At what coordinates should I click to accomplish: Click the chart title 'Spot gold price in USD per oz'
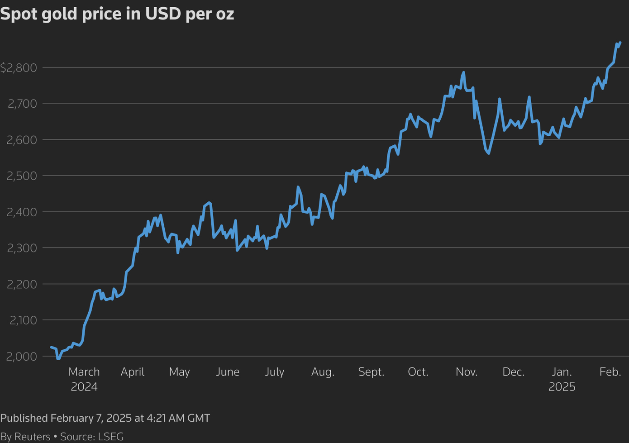tap(117, 14)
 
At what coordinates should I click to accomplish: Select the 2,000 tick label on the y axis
tap(21, 357)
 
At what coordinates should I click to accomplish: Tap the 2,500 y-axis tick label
tap(21, 176)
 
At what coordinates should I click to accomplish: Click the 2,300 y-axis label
tap(21, 248)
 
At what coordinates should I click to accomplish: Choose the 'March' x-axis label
tap(84, 372)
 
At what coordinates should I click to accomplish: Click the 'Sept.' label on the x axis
tap(371, 372)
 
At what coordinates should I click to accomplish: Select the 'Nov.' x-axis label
tap(467, 372)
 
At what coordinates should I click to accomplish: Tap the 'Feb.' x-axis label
tap(610, 372)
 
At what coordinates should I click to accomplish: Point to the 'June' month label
tap(228, 372)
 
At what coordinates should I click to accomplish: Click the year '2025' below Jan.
tap(562, 387)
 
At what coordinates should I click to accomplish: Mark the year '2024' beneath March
tap(84, 387)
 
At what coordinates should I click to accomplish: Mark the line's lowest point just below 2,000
tap(58, 359)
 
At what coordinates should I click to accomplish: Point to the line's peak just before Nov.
tap(463, 72)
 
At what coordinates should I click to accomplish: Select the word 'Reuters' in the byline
tap(32, 437)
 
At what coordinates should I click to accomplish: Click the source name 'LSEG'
tap(111, 437)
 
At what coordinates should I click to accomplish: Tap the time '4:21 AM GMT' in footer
tap(178, 418)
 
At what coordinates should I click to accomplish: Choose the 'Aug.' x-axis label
tap(323, 372)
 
